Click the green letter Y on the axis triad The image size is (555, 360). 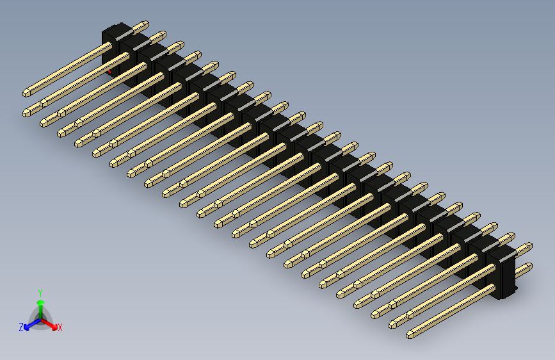point(40,292)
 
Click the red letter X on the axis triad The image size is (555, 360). point(60,327)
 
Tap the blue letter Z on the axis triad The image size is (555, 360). point(20,327)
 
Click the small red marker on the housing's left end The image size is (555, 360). point(109,72)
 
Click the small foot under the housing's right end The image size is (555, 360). point(509,295)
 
